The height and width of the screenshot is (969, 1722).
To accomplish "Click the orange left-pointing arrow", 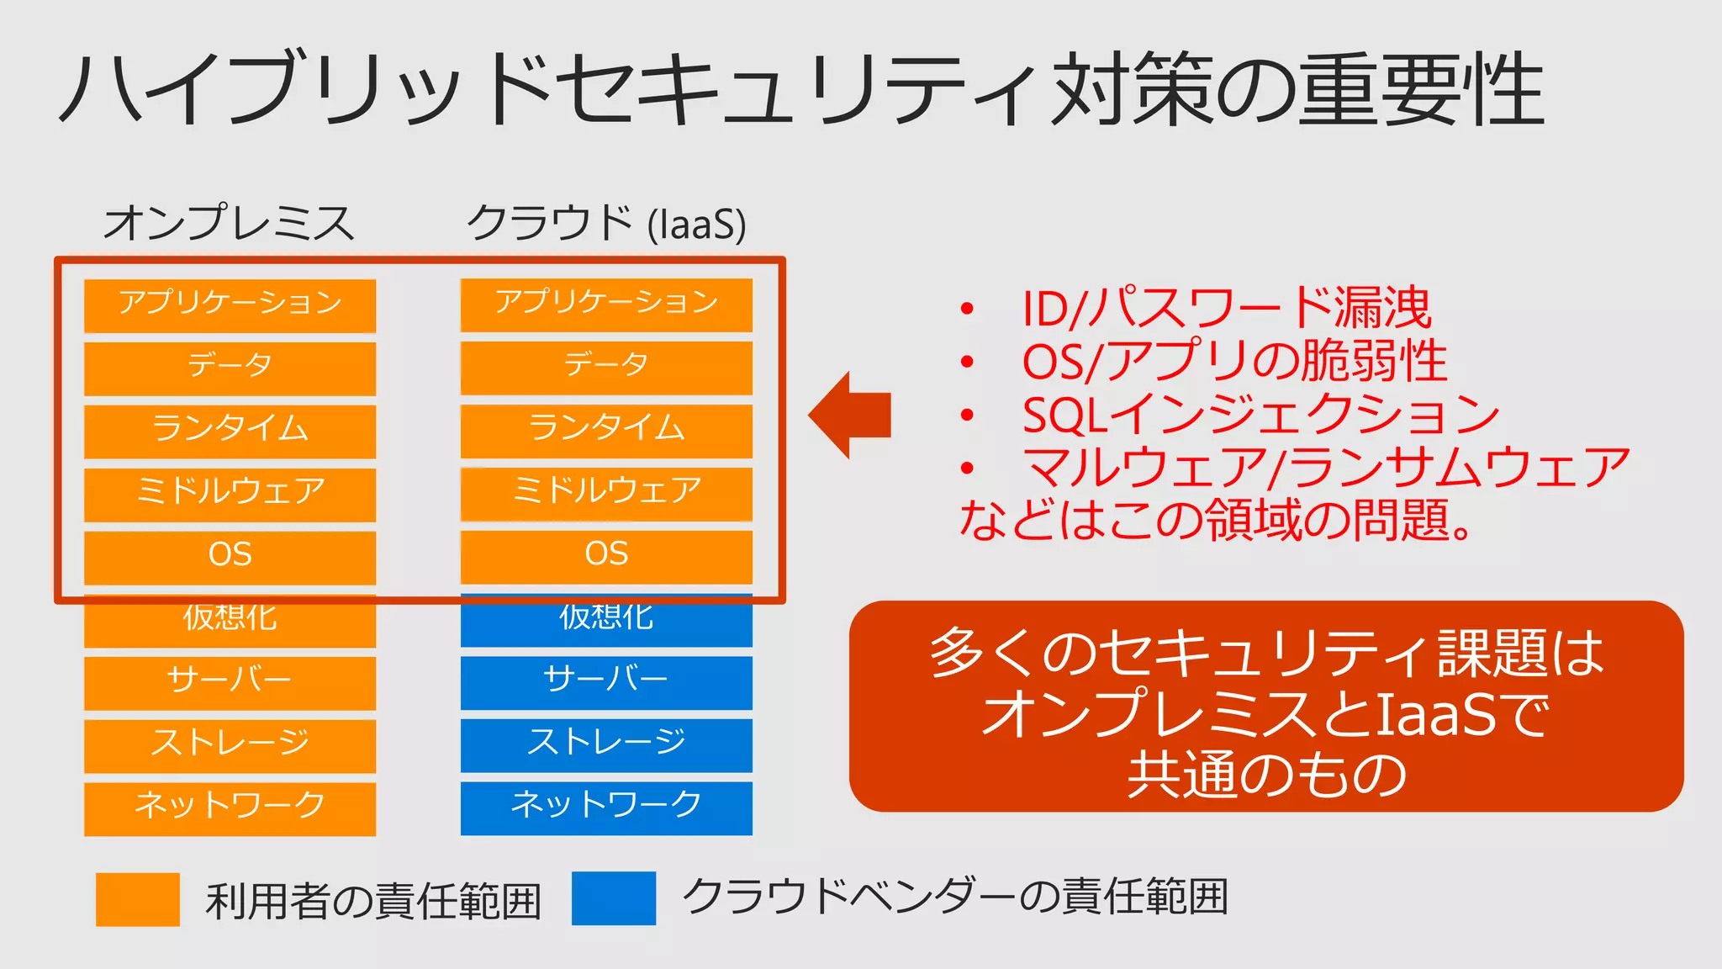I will (849, 415).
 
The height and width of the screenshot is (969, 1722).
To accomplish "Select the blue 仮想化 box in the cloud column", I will (606, 621).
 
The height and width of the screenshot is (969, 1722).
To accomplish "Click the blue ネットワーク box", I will (606, 806).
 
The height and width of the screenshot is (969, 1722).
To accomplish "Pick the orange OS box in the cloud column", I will (606, 554).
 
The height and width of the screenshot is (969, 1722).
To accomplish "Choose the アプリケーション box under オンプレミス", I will (230, 304).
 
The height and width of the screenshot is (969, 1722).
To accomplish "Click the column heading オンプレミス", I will (229, 223).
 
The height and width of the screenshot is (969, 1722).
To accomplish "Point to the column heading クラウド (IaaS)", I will (606, 223).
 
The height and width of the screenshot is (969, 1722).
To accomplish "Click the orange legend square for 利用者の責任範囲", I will (138, 899).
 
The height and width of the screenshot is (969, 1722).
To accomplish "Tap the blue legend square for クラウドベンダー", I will (614, 898).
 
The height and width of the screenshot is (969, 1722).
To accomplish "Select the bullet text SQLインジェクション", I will (1260, 414).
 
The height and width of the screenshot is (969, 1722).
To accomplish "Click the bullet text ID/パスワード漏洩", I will (1226, 308).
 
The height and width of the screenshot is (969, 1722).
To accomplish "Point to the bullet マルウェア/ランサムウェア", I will (1325, 468).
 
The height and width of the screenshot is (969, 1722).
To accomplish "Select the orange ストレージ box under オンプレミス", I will (230, 744).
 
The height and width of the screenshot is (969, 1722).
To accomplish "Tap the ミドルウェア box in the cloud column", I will (606, 491).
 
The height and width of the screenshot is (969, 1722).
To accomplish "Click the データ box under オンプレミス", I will (230, 367).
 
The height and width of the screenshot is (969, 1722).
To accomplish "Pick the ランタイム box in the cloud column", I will (606, 429).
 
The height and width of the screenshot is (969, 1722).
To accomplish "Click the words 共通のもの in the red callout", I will (1266, 775).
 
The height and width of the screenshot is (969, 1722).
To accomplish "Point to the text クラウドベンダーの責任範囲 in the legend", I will (955, 897).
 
